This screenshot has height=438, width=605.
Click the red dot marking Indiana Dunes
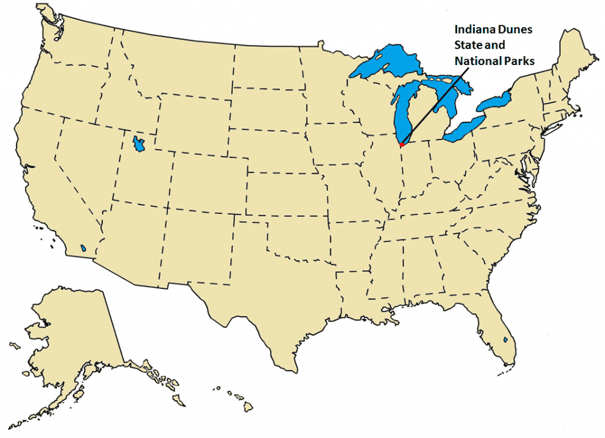[x=402, y=144]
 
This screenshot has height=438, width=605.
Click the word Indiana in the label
[x=471, y=29]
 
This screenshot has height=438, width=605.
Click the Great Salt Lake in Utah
[x=139, y=144]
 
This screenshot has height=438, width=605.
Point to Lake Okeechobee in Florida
[x=506, y=340]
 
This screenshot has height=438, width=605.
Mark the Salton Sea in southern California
[x=85, y=248]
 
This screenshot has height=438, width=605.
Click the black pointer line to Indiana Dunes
[x=434, y=101]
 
